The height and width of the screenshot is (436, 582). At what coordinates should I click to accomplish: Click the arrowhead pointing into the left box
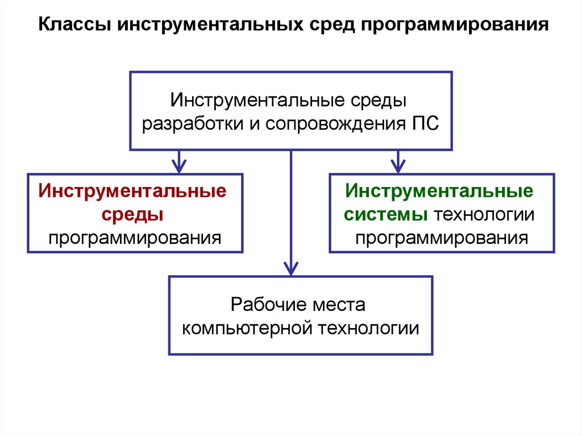coord(179,167)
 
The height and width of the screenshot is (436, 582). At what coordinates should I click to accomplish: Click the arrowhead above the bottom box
coord(291,268)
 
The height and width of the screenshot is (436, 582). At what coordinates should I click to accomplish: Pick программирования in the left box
coord(134,237)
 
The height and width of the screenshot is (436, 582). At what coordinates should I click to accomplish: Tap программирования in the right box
coord(442,237)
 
